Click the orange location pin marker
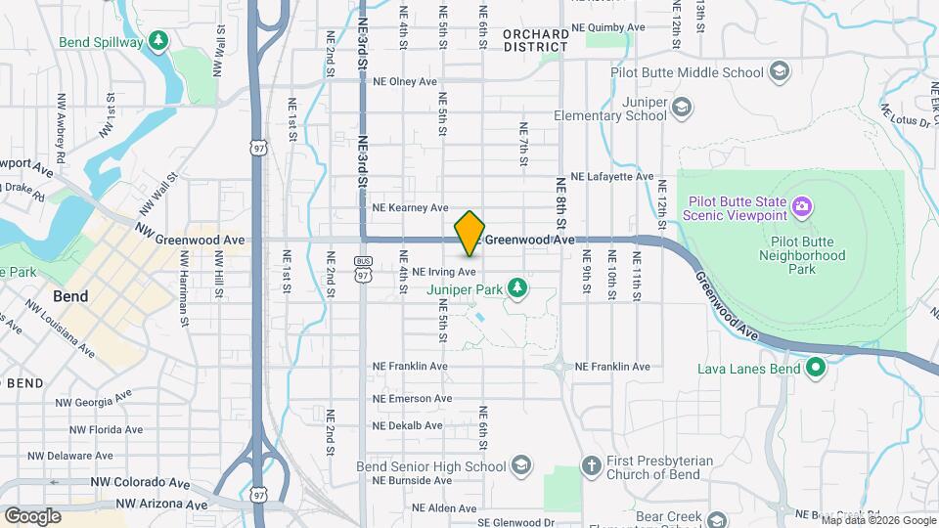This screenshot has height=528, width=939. tap(470, 233)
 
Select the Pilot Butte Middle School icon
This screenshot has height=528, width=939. tap(779, 71)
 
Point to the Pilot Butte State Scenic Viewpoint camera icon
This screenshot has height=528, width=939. tap(802, 205)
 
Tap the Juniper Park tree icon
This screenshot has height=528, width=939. tap(517, 288)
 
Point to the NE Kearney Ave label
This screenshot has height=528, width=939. tap(410, 207)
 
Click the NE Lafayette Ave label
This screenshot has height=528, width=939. tap(612, 177)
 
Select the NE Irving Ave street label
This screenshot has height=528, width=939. tap(444, 271)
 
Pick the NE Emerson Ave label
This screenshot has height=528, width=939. tap(412, 398)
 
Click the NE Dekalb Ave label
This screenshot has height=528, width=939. tap(408, 425)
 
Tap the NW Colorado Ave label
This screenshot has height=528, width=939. tap(141, 483)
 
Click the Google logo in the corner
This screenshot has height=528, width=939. tap(32, 515)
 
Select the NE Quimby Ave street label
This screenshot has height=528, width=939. tap(608, 27)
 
